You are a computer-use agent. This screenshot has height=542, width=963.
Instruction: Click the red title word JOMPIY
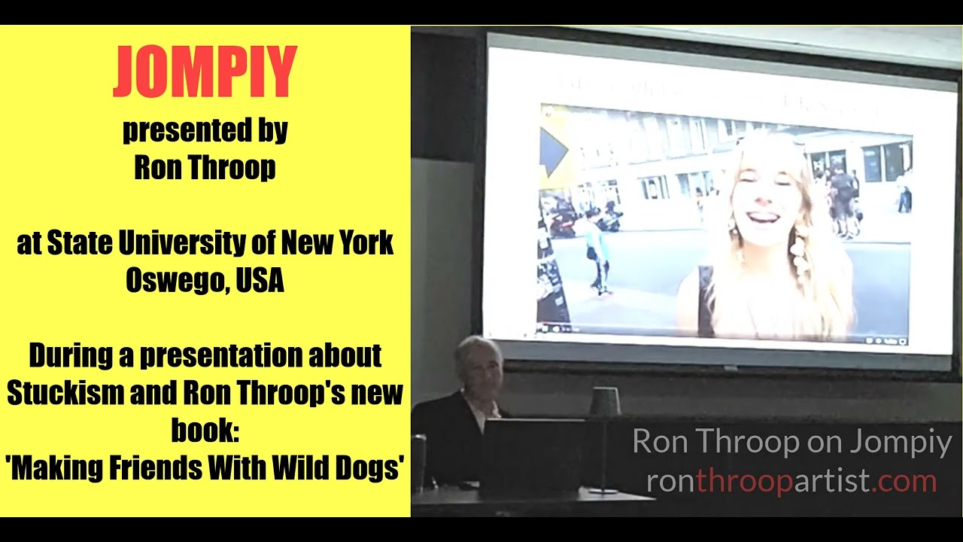pyautogui.click(x=205, y=72)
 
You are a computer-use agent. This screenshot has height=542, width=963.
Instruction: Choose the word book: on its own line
pyautogui.click(x=205, y=431)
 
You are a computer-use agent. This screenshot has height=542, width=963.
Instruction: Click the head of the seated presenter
pyautogui.click(x=478, y=366)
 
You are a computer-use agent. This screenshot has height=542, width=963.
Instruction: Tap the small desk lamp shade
pyautogui.click(x=604, y=402)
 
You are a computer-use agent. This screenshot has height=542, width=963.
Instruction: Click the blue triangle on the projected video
pyautogui.click(x=553, y=151)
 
